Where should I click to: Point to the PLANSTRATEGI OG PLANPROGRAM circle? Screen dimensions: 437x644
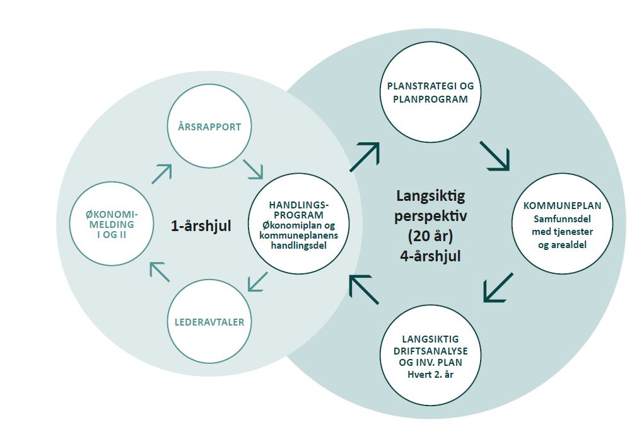click(x=430, y=93)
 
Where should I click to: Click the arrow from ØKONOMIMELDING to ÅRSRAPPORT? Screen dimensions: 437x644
click(x=162, y=174)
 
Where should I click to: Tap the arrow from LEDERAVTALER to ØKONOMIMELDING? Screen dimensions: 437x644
click(x=158, y=272)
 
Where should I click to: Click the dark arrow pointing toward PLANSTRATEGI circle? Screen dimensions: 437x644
click(x=365, y=157)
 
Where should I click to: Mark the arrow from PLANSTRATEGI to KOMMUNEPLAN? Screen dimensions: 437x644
click(x=495, y=156)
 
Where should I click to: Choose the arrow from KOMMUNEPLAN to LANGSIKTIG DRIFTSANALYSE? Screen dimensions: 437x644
click(x=498, y=287)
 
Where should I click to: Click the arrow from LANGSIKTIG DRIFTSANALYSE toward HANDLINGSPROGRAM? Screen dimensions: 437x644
click(x=365, y=290)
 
